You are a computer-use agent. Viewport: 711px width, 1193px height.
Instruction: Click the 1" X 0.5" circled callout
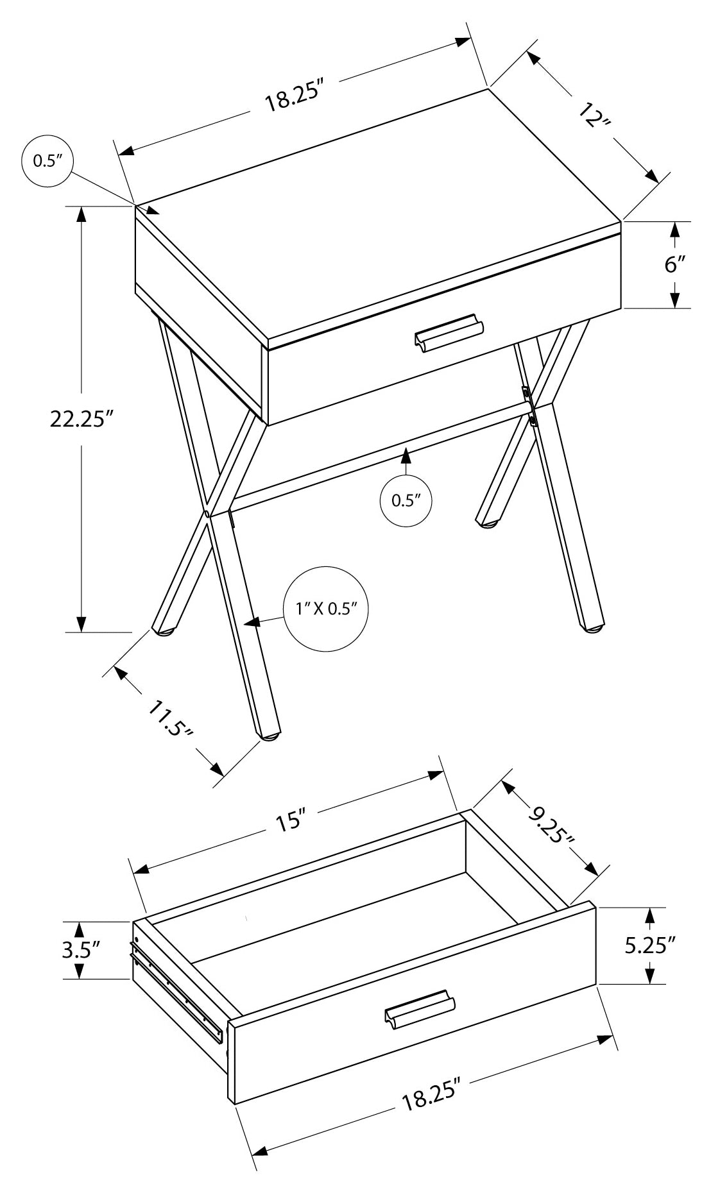coord(326,608)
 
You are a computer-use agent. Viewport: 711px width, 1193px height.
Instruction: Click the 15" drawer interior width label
coord(291,819)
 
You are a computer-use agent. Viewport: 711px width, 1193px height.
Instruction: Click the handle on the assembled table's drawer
coord(449,334)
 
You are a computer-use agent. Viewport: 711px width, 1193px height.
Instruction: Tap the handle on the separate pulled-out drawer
coord(420,1010)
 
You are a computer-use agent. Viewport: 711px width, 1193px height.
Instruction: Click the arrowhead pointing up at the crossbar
coord(405,456)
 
